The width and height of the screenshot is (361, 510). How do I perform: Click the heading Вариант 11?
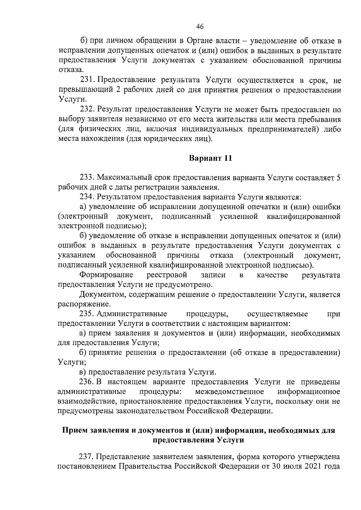210,158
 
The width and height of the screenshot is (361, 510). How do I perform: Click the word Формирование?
106,275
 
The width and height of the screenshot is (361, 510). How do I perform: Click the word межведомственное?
230,392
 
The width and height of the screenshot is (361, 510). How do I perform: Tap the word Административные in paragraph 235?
132,314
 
